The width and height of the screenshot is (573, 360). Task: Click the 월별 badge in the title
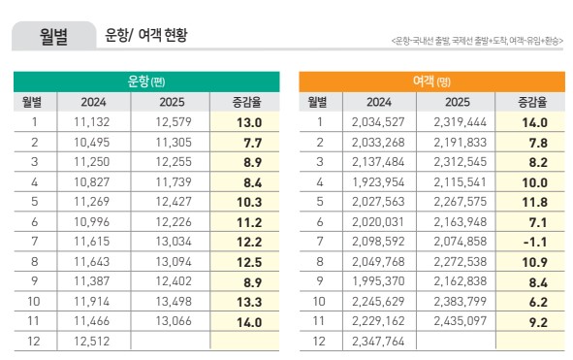53,37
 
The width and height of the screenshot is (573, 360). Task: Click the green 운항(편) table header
146,82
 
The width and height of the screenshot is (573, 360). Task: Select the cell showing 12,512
93,341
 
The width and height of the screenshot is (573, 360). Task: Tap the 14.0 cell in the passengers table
534,122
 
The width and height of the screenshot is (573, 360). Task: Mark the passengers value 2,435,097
459,320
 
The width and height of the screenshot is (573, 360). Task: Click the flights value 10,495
93,142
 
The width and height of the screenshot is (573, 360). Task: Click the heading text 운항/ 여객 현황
145,37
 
